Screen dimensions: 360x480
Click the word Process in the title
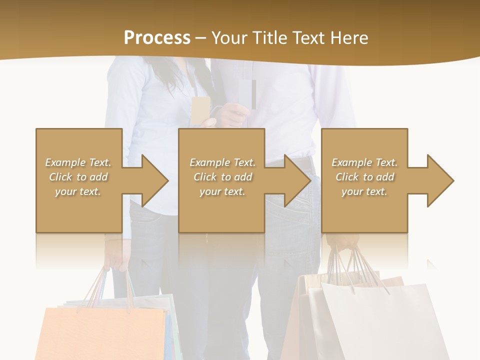tap(157, 37)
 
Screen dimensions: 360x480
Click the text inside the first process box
tap(78, 177)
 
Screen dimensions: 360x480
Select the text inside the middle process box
tap(222, 177)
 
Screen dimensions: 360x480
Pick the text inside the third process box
tap(364, 177)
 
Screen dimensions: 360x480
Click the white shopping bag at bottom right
tap(385, 325)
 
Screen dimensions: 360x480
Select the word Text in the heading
tap(309, 37)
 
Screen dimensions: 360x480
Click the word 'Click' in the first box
tap(61, 177)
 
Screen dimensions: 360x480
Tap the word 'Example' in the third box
tap(352, 162)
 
